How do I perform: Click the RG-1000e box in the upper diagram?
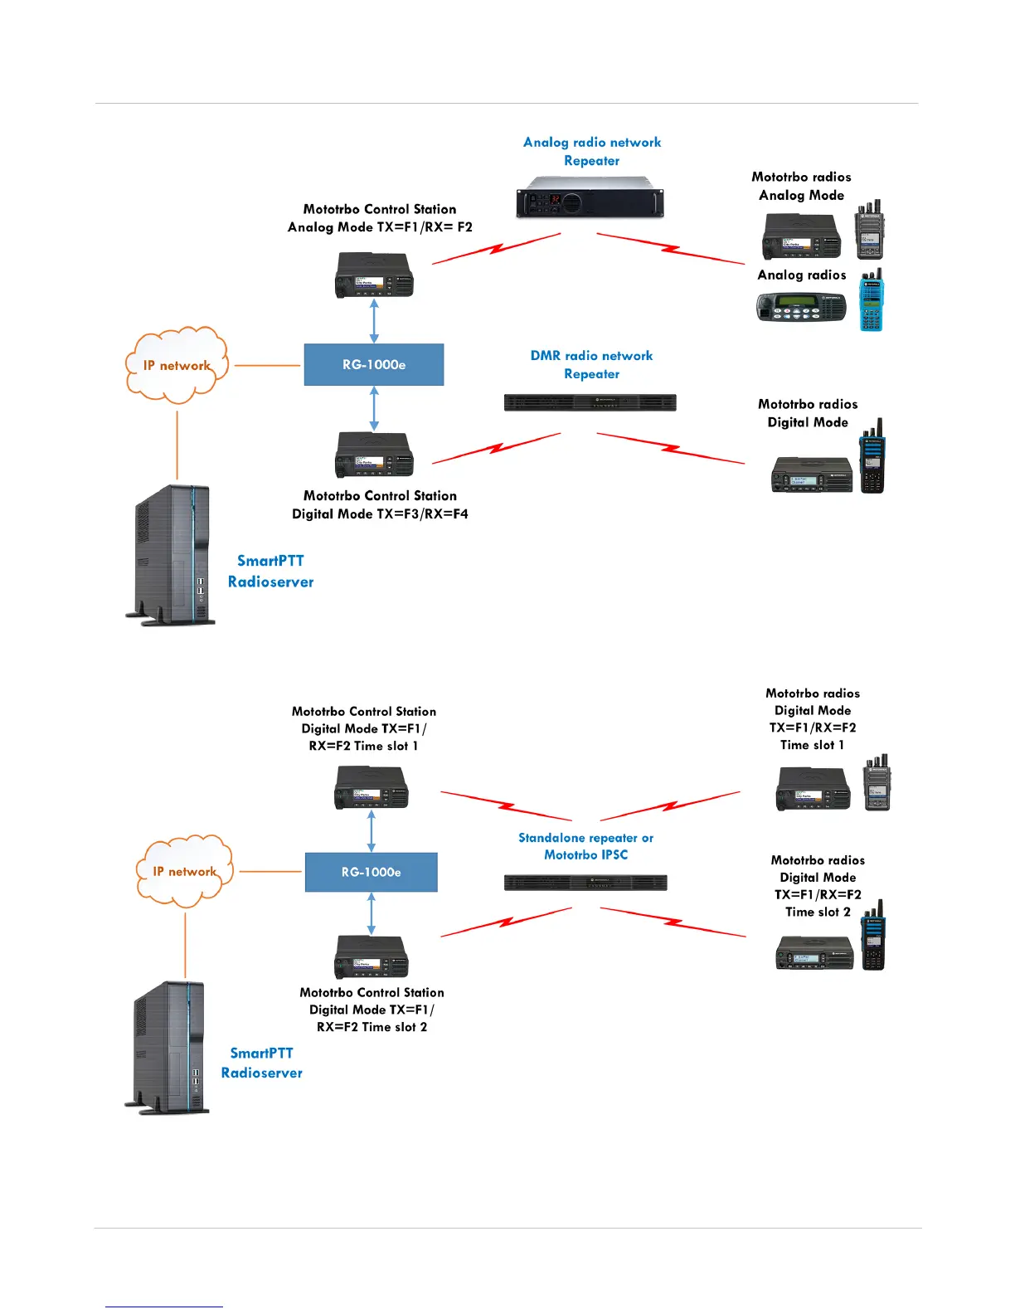coord(374,365)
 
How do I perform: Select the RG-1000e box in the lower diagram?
coord(371,873)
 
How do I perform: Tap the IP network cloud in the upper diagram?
coord(176,365)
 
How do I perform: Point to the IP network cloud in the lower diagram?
coord(184,871)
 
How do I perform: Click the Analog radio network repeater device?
coord(590,197)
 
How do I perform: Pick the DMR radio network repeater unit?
coord(590,403)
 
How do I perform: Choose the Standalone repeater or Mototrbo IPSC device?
coord(585,883)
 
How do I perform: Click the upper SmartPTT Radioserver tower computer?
coord(172,554)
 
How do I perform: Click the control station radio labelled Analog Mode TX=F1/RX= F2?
coord(374,275)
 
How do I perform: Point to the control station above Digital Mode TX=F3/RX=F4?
coord(374,455)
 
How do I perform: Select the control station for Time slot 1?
coord(371,787)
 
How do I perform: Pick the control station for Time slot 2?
coord(371,956)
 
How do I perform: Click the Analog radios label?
coord(802,275)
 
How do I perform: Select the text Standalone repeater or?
coord(585,839)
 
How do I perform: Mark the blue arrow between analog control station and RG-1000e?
coord(374,321)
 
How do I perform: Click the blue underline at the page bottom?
coord(164,1307)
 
